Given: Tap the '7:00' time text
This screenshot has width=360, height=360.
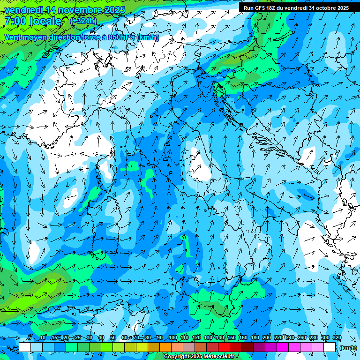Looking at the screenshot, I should coord(15,21).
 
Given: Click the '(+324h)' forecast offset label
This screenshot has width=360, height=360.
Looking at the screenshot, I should coord(83,21).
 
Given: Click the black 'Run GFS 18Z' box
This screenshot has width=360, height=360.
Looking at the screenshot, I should coord(296,7).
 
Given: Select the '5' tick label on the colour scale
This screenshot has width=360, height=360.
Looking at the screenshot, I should coord(30,338).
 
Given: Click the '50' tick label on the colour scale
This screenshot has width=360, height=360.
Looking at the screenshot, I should coord(113,338).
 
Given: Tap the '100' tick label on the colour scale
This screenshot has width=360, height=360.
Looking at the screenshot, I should coord(173,338).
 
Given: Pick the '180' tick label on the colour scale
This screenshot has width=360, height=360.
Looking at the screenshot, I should coord(255,338).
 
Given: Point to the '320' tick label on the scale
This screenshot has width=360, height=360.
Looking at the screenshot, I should coord(337,338).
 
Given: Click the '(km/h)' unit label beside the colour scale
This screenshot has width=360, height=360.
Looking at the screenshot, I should coord(348,348).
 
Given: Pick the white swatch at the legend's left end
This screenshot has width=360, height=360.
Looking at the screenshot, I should coord(25,347).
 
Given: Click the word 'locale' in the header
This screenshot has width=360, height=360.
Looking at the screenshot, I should coord(45,21).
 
